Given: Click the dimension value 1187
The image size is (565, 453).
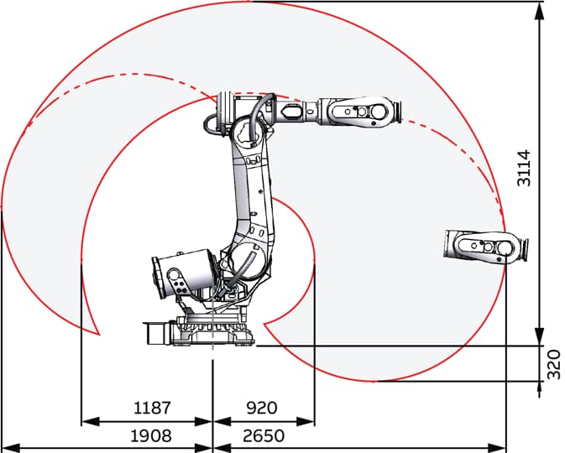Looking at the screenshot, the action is (x=152, y=408).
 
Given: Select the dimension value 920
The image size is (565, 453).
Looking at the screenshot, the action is (x=262, y=408).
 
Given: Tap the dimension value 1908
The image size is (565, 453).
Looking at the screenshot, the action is (x=151, y=436).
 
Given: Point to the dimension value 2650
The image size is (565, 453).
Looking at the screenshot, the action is (x=264, y=436).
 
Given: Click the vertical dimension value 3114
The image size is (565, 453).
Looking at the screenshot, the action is (x=524, y=168).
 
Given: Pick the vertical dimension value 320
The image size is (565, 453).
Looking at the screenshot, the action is (x=554, y=364).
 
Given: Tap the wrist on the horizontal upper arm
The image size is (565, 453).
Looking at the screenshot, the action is (x=359, y=111).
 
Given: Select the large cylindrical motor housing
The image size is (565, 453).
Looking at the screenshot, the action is (x=184, y=273).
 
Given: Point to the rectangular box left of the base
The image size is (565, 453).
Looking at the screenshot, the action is (x=157, y=334).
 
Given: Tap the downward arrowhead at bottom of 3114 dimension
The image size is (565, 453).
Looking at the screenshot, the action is (x=540, y=336).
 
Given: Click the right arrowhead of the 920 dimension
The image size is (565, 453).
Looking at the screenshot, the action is (x=306, y=421).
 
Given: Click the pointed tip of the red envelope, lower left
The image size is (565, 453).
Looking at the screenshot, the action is (x=99, y=335).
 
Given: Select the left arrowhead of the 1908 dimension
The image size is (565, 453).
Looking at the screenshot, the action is (x=11, y=449).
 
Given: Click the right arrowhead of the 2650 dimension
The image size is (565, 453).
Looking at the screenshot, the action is (x=497, y=449).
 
